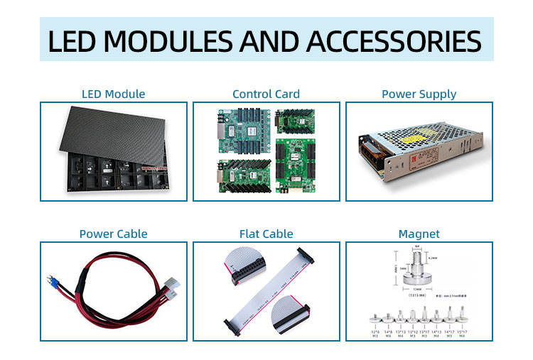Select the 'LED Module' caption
click(114, 94)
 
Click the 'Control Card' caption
click(266, 94)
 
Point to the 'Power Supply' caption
click(419, 94)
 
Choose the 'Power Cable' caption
click(114, 234)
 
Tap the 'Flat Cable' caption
click(266, 234)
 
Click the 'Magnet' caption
click(419, 234)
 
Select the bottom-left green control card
click(243, 175)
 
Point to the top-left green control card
click(243, 132)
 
